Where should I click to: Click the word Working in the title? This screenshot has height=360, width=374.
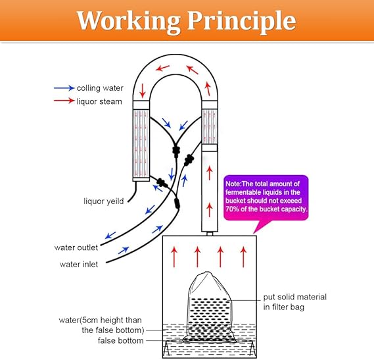coord(129,21)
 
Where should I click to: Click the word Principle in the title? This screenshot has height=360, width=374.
coord(242,22)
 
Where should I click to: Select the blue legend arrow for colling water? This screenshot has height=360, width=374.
coord(64,88)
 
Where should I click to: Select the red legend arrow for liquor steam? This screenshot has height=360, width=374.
coord(64,101)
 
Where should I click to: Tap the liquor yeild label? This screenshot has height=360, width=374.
coord(104,201)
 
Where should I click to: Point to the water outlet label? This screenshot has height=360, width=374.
coord(76,247)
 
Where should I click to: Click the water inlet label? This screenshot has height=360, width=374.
coord(79,264)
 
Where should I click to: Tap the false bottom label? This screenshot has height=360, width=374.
coord(121,340)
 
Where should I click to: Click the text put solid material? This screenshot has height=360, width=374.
coord(295,297)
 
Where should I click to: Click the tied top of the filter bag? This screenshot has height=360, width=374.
coord(207,274)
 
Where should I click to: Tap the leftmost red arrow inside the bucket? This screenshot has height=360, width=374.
coord(174,257)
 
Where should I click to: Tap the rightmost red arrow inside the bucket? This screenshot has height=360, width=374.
coord(243,257)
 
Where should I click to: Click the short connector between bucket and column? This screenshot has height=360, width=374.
coord(210,234)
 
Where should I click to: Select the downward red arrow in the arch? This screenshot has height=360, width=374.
coord(143,91)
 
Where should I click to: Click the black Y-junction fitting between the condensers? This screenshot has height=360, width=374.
coord(175,151)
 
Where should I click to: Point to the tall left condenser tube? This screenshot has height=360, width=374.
coord(141,141)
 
